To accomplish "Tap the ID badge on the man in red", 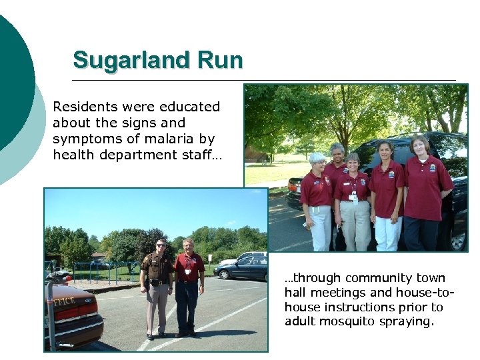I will (188, 271).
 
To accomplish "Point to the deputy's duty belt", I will (158, 282).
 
